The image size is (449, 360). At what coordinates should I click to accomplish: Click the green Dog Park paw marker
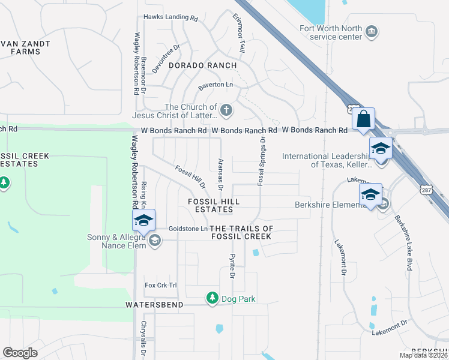click(x=212, y=298)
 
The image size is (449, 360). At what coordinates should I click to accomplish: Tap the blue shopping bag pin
click(x=364, y=119)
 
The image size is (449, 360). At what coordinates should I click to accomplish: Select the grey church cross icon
click(x=226, y=110)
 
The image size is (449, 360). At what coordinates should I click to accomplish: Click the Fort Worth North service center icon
click(x=372, y=31)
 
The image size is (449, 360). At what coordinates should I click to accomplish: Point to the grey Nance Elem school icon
click(x=155, y=241)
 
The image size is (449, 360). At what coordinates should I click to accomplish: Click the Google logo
click(x=20, y=352)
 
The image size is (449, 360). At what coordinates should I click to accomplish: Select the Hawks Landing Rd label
click(x=170, y=19)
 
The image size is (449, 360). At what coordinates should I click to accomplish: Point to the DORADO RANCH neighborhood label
click(x=202, y=65)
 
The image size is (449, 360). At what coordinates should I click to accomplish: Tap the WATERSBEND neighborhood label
click(x=149, y=305)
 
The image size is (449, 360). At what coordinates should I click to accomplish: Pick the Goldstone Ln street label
click(x=188, y=229)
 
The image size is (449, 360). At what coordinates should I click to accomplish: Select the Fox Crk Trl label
click(x=161, y=285)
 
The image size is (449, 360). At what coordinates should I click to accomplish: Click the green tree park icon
click(x=4, y=182)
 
